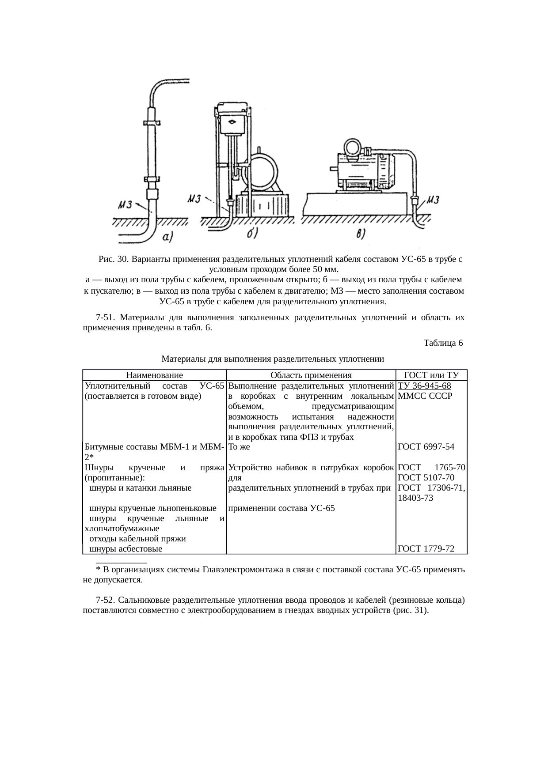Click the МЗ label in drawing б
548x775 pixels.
(195, 198)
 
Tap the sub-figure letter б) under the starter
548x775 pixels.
(252, 234)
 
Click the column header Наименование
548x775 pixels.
(154, 375)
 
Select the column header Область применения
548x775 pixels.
(311, 375)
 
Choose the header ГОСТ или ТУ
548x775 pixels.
(431, 375)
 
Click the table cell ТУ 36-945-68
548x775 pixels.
(424, 386)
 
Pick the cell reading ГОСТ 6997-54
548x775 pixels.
(426, 446)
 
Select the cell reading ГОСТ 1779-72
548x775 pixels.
(426, 549)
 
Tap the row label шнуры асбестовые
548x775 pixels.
(126, 549)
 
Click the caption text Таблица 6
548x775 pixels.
(443, 343)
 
